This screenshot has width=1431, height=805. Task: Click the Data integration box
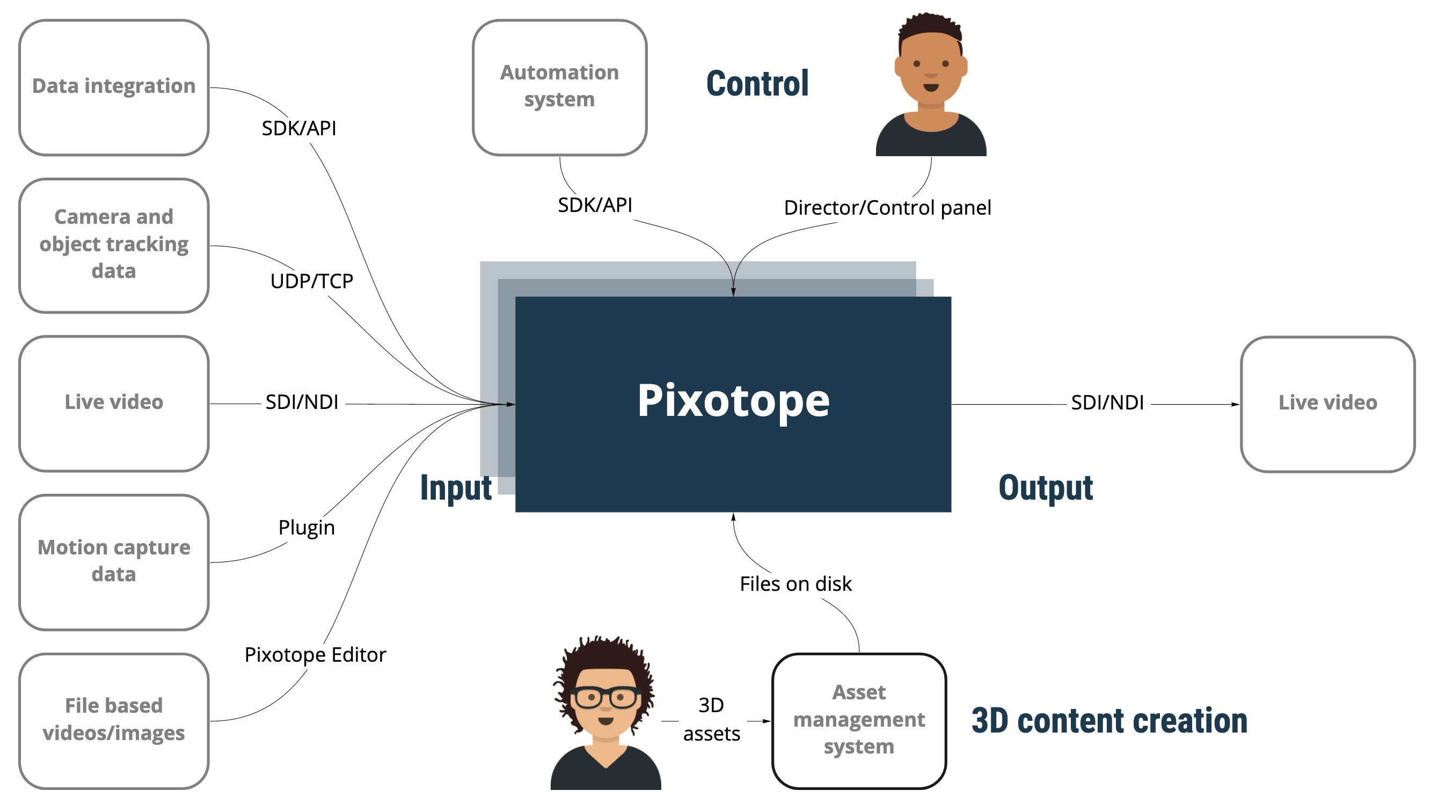[x=114, y=87]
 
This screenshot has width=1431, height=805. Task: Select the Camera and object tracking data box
[x=114, y=245]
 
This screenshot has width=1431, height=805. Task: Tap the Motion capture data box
[x=114, y=562]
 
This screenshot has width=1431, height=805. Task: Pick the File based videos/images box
[x=114, y=720]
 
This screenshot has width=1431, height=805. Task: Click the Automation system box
[x=559, y=87]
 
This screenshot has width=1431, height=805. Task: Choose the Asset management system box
[x=859, y=720]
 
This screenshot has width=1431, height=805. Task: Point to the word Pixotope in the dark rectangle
[x=733, y=401]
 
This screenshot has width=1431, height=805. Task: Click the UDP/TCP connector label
[x=312, y=281]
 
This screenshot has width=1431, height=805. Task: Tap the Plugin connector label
[x=306, y=527]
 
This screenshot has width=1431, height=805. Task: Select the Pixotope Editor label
[x=315, y=655]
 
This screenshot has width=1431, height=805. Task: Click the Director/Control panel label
[x=887, y=208]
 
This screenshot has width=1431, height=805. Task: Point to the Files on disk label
[x=795, y=584]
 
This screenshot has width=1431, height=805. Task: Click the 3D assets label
[x=712, y=720]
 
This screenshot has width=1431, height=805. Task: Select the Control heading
[x=757, y=84]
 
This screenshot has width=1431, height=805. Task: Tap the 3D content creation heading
[x=1109, y=721]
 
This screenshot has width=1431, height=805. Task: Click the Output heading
[x=1046, y=488]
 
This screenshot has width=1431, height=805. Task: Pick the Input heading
[x=456, y=488]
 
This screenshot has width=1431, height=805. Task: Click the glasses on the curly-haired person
[x=605, y=697]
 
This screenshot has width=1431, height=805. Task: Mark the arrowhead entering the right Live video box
[x=1236, y=405]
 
